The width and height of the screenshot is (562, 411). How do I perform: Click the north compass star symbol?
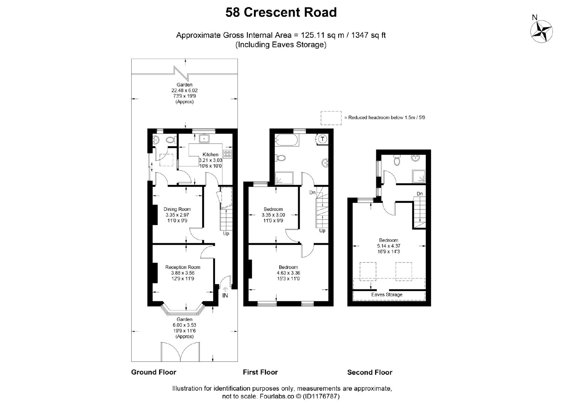tap(541, 32)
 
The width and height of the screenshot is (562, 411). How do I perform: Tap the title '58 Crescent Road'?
tap(281, 12)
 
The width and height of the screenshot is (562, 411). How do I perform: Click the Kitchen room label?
tap(210, 154)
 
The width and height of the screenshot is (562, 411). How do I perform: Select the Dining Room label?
tap(177, 209)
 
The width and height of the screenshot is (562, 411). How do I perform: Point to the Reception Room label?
tap(183, 267)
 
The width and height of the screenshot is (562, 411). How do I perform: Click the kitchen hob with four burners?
tap(228, 154)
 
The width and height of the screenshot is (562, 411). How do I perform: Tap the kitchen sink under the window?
tap(204, 139)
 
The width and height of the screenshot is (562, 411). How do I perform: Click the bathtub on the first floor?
tap(287, 140)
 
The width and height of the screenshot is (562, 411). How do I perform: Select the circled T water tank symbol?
tap(322, 139)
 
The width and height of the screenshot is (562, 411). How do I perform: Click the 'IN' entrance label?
tap(225, 296)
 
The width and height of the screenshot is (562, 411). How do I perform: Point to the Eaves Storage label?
tap(387, 295)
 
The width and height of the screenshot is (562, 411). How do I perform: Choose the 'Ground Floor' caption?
tap(153, 372)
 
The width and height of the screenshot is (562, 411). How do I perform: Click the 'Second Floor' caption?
tap(370, 372)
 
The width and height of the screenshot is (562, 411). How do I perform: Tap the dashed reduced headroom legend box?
tap(331, 118)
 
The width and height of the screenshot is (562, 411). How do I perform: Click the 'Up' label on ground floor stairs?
tap(226, 233)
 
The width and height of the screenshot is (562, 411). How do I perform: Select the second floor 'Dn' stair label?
tap(419, 194)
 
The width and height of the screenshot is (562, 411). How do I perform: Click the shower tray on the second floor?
tap(419, 176)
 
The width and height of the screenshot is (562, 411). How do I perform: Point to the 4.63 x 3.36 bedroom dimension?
tap(288, 273)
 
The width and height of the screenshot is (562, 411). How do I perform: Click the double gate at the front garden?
tap(181, 352)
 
